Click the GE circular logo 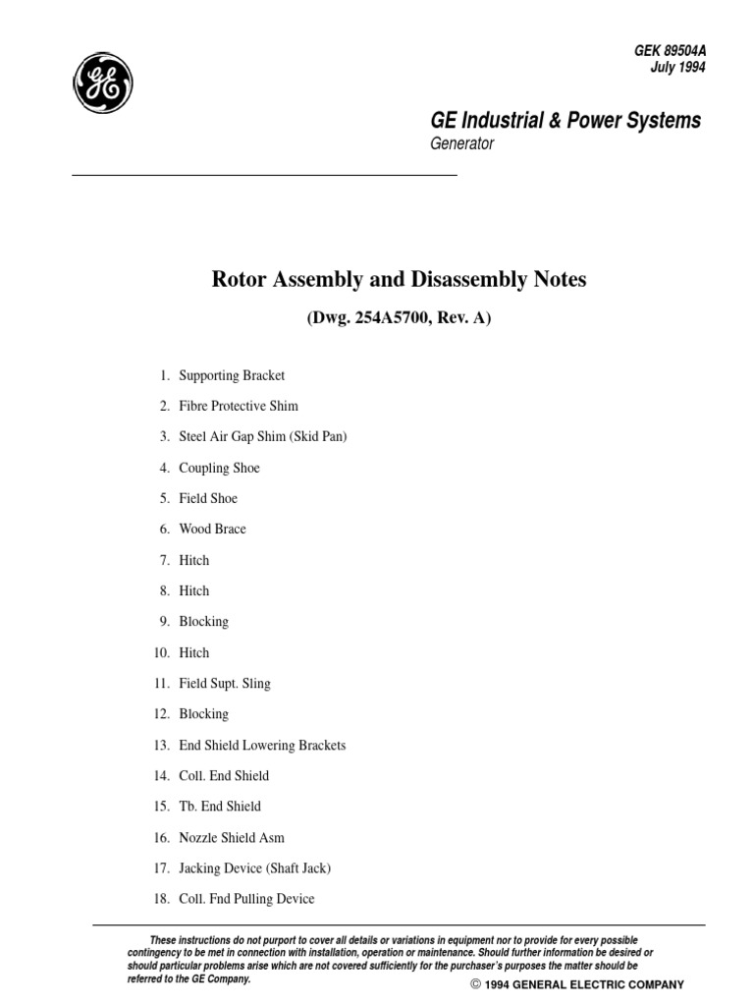101,83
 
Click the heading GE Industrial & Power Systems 566,121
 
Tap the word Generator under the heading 462,144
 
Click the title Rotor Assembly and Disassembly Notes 399,280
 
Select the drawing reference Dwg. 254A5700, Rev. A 399,318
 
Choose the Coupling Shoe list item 219,468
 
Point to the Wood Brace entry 212,529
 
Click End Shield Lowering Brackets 262,745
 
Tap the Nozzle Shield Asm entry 232,837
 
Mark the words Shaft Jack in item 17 299,868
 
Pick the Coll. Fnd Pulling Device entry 246,899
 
